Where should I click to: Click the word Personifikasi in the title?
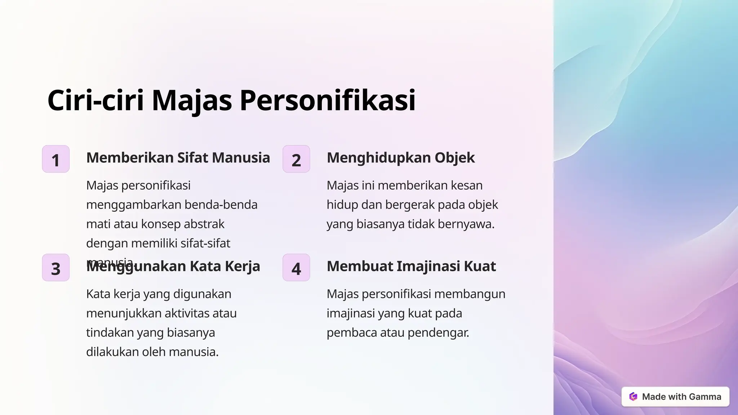coord(328,100)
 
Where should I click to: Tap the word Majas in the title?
coord(192,100)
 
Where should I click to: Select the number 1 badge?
coord(55,159)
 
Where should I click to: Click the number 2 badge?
coord(296,159)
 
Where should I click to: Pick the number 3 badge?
coord(55,268)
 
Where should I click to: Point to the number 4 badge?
coord(296,268)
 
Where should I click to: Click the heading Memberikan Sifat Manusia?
coord(178,158)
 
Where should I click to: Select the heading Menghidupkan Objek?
coord(401,158)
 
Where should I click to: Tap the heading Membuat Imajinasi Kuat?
coord(411,266)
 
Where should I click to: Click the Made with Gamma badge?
coord(675,397)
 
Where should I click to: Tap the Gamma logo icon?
coord(633,397)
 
